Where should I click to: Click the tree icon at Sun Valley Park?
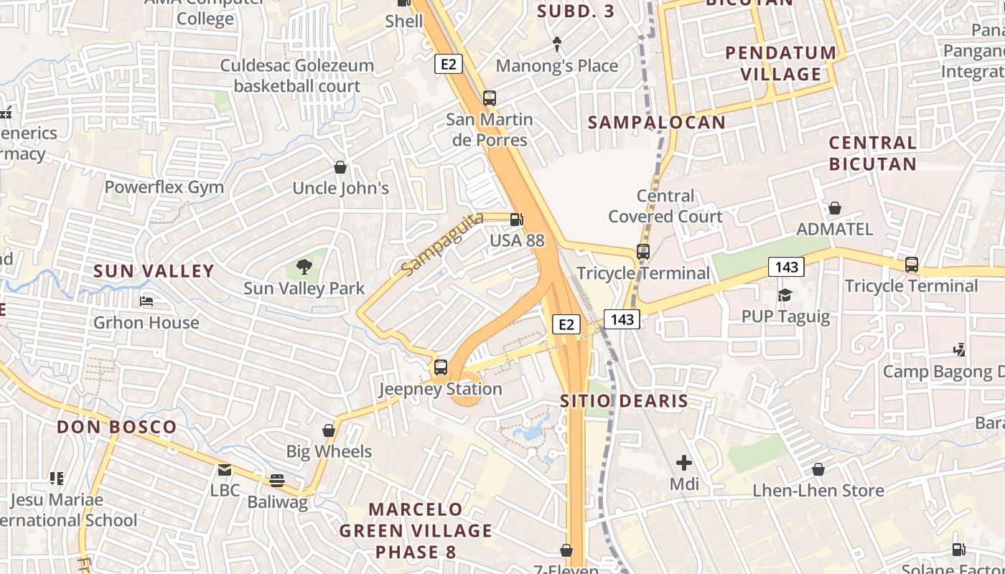[x=304, y=268]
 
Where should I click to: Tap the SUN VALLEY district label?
[x=154, y=270]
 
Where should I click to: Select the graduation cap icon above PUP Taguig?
[x=785, y=295]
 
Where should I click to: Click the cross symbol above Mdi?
[x=684, y=463]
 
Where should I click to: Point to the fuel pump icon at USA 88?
[x=516, y=220]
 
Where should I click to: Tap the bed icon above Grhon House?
[x=146, y=301]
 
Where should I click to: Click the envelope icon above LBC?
[x=225, y=470]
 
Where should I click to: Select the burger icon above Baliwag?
[x=277, y=481]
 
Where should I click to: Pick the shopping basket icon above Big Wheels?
[x=329, y=430]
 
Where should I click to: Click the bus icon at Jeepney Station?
[x=441, y=367]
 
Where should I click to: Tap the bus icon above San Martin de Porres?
[x=490, y=98]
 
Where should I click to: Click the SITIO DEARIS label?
[x=624, y=400]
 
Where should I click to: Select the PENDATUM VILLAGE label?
[x=781, y=63]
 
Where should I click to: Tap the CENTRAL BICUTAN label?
[x=872, y=153]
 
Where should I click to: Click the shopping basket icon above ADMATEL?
[x=835, y=208]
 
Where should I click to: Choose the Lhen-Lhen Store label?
[x=818, y=491]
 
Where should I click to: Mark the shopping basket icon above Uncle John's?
[x=340, y=167]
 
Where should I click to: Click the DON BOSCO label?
[x=116, y=427]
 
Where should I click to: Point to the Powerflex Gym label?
[x=164, y=187]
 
